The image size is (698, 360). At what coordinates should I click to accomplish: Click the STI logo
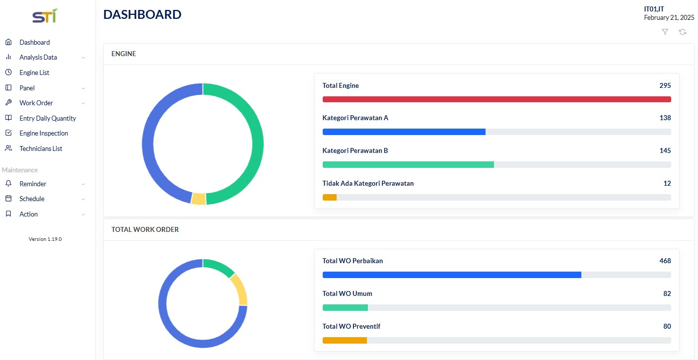tap(45, 16)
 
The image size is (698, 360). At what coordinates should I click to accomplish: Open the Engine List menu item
tap(34, 72)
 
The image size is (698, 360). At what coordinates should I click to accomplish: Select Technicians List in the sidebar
tap(41, 148)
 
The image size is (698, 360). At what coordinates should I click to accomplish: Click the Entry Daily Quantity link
tap(48, 119)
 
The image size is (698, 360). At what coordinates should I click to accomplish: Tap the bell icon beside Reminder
tap(8, 183)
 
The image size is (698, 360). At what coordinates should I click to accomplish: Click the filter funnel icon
tap(665, 32)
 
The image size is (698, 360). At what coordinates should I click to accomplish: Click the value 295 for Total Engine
tap(665, 85)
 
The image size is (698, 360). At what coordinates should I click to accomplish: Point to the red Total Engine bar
tap(497, 99)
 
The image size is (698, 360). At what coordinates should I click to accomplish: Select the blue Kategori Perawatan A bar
tap(404, 132)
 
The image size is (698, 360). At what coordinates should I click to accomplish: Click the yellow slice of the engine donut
tap(199, 199)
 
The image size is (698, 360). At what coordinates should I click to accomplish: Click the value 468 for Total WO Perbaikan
tap(665, 261)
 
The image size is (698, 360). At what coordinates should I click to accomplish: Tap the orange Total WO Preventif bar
tap(345, 340)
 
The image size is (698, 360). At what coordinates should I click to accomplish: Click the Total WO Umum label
tap(347, 293)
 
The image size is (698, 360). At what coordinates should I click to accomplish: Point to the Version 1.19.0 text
tap(45, 239)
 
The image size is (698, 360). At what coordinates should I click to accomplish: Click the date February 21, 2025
tap(669, 18)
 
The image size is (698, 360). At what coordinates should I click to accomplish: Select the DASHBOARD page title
tap(142, 15)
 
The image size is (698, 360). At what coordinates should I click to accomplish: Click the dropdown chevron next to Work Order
tap(83, 103)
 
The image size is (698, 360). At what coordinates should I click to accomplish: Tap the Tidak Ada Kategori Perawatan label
tap(368, 183)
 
